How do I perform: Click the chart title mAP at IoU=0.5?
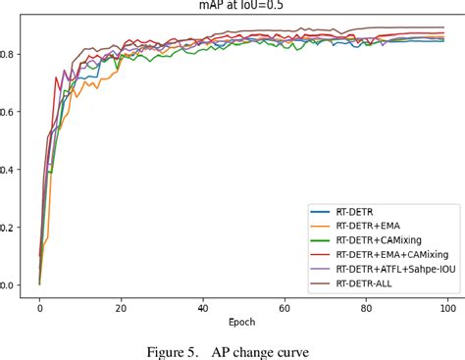[233, 7]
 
